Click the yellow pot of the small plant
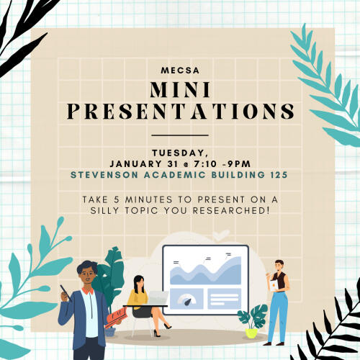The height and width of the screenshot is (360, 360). tap(251, 333)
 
